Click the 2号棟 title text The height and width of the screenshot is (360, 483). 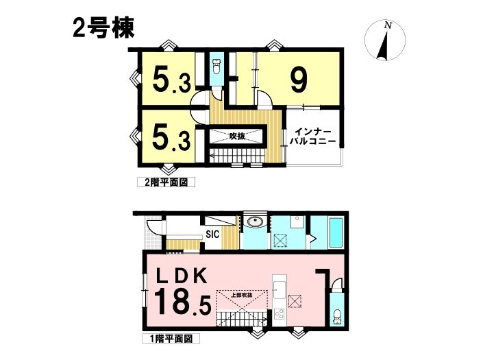tap(103, 28)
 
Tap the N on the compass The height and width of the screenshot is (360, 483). tap(388, 25)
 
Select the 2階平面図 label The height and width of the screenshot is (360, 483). tap(166, 182)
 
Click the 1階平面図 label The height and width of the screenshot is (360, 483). tap(171, 339)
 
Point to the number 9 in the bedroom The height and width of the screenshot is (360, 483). tap(299, 80)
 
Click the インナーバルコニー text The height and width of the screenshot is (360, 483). tap(312, 137)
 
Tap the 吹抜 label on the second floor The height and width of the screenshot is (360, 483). tap(237, 136)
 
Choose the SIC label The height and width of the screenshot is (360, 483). tap(212, 235)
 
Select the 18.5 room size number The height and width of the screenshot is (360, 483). tap(182, 302)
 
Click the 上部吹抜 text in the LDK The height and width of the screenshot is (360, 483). tap(242, 295)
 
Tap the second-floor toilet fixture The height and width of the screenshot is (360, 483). tap(217, 67)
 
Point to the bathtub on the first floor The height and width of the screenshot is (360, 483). tap(336, 232)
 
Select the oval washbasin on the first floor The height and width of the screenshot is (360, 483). tap(255, 221)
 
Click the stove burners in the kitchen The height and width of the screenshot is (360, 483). tap(280, 315)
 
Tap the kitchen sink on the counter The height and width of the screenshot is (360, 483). tap(279, 291)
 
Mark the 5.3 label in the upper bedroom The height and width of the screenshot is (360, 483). tap(171, 80)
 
